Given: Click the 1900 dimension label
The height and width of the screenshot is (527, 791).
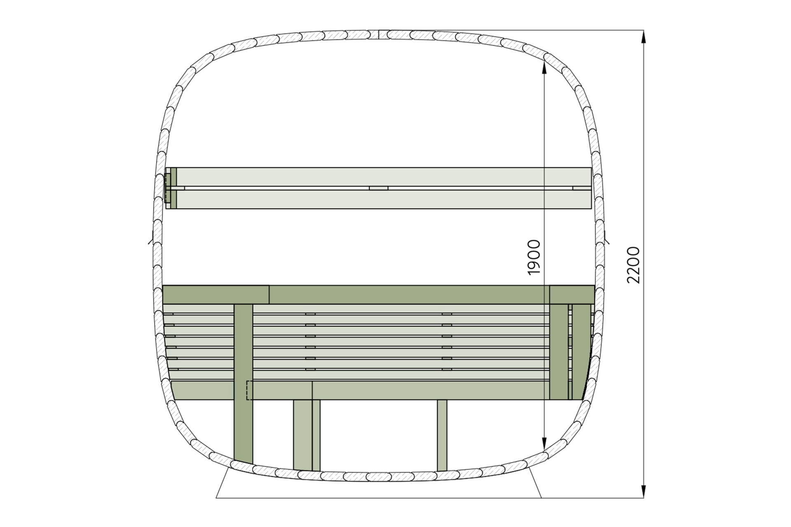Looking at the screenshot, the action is coord(534,257).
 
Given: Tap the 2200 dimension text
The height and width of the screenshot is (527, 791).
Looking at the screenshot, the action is coord(633,265).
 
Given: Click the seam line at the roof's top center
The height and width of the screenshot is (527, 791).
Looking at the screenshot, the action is coord(378,34).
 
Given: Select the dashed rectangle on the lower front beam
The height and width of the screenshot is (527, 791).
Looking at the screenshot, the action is coord(250,390).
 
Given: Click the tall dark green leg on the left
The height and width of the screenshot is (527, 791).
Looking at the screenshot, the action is coord(243,383).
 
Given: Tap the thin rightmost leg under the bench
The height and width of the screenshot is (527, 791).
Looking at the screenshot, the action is coord(442,435).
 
